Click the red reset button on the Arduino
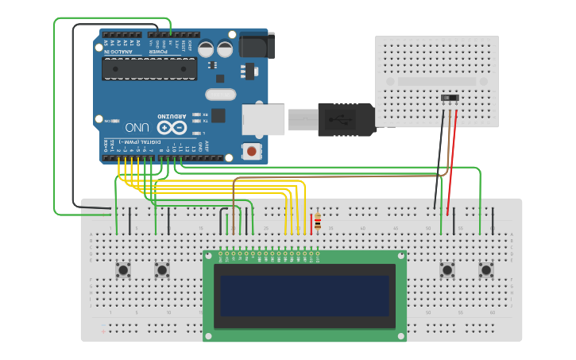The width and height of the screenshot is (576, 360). point(252,150)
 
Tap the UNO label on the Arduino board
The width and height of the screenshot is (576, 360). point(137,126)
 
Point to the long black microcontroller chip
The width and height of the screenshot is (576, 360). point(149,69)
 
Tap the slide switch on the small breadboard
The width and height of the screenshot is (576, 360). point(450,99)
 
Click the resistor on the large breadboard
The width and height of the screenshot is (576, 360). point(318,222)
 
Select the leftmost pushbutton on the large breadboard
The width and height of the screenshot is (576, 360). point(123,270)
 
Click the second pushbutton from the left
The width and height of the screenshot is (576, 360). point(162,270)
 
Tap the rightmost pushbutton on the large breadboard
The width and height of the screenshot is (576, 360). point(486,270)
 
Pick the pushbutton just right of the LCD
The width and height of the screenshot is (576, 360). point(447,270)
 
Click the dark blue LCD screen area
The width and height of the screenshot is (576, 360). point(305,295)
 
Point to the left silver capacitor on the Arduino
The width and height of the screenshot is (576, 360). point(206,48)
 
